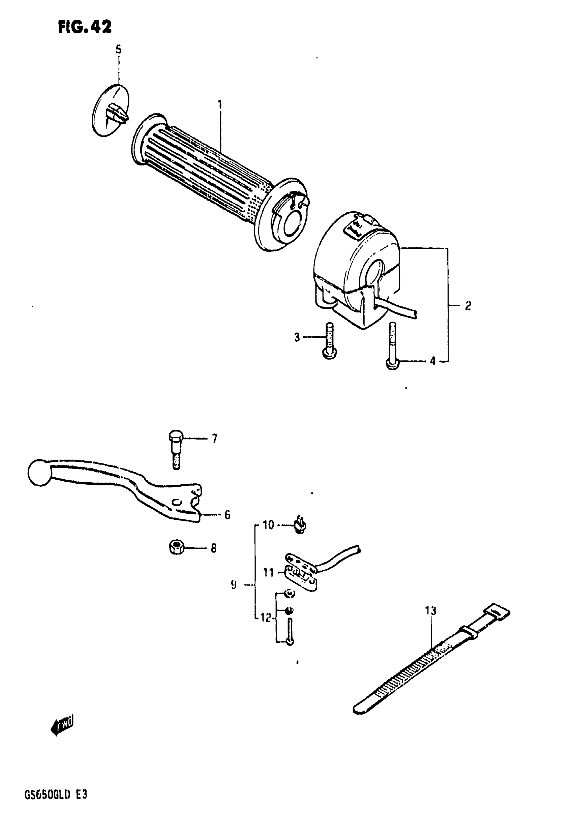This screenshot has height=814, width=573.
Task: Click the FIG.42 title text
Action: [85, 27]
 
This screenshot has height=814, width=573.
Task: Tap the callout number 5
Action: [118, 50]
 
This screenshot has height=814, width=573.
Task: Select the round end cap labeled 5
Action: [110, 110]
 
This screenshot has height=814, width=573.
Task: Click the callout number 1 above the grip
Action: [220, 104]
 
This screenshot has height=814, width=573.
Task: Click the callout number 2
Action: [468, 305]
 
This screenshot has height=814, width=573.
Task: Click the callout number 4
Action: [432, 362]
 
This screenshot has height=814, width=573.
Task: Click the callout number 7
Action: [214, 439]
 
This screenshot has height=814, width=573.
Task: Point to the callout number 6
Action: [227, 514]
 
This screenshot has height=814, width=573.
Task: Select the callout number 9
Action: [233, 585]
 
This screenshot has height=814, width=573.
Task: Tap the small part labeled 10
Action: [300, 525]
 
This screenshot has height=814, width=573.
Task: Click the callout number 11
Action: [268, 572]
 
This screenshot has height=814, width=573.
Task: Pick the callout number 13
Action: [430, 610]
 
